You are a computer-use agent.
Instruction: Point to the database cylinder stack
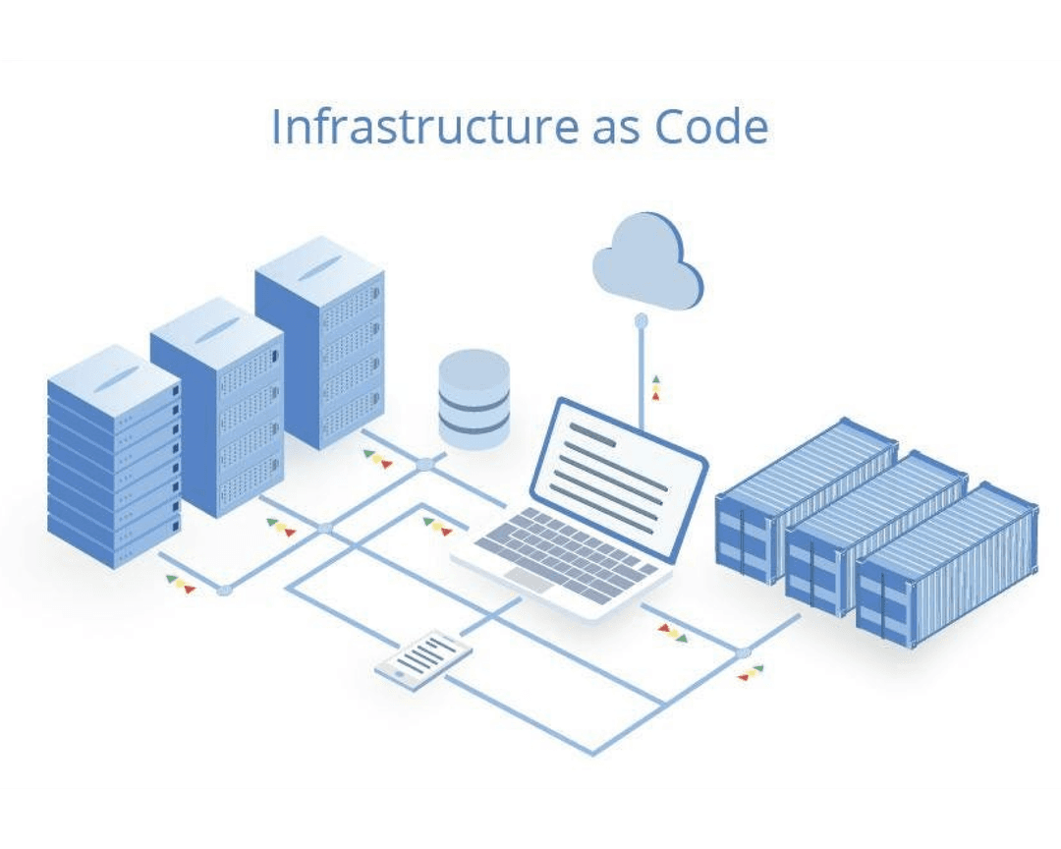475,398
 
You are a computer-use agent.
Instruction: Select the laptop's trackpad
530,581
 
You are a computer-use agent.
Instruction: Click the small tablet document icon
423,659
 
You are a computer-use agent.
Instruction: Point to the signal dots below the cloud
655,387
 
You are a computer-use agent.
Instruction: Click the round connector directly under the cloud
641,319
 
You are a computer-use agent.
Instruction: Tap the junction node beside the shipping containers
743,652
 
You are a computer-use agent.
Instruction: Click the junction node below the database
423,465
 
